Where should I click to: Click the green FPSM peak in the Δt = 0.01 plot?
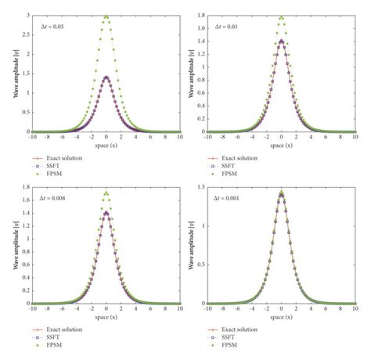click(x=282, y=16)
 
